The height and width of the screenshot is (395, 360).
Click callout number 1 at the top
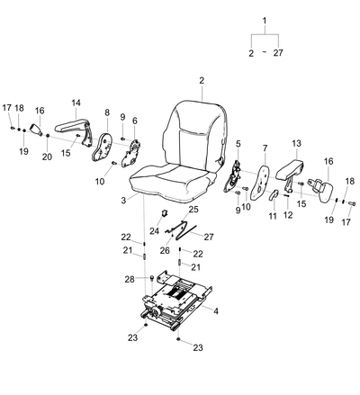265,21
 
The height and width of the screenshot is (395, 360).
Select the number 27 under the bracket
278,53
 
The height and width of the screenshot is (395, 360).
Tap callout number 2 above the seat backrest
202,80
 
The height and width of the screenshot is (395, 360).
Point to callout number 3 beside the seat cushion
123,200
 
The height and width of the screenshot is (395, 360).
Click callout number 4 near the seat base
216,311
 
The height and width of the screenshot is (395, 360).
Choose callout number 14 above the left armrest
76,103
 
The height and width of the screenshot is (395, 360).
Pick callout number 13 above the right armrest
296,143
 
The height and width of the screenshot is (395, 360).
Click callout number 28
130,279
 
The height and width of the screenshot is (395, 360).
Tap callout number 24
154,231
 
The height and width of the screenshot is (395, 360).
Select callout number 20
47,157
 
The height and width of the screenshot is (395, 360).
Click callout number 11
273,215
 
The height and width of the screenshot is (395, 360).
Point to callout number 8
107,112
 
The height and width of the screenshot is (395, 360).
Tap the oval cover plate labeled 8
102,148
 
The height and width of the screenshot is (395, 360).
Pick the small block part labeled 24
165,212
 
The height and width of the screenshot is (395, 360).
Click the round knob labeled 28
152,277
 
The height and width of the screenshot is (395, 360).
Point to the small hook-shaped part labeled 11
274,194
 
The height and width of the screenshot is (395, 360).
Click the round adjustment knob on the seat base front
155,312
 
